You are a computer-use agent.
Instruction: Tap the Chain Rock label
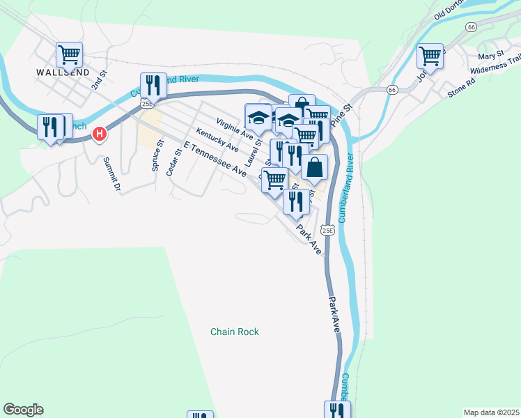pos(235,332)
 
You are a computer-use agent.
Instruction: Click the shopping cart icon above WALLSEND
pos(69,54)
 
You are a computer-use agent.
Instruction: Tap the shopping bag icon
pos(315,167)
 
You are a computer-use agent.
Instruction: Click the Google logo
pos(23,410)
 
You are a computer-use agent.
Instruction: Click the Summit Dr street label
pos(112,173)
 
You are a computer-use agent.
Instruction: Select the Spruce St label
pos(157,155)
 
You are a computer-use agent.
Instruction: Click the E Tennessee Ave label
pos(216,158)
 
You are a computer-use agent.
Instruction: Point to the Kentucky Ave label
pos(217,140)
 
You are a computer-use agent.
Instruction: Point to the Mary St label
pos(491,56)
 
